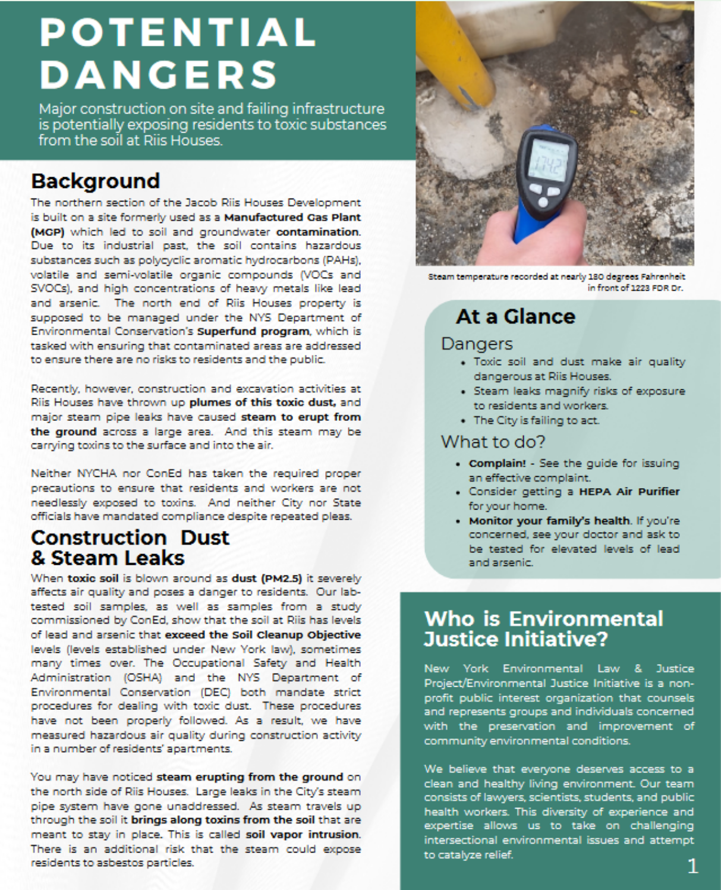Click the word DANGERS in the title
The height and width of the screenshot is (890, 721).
159,75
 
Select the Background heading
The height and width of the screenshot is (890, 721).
96,181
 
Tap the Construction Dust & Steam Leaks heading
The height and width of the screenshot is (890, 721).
130,548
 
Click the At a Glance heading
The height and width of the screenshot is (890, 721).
515,316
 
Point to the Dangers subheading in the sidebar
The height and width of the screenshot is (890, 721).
477,344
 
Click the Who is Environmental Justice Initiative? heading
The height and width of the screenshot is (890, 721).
543,628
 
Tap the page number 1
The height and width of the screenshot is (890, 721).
692,866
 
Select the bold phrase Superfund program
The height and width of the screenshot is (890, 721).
253,331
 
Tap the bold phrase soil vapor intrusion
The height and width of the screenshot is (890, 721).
303,834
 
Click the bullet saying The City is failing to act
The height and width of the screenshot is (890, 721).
536,420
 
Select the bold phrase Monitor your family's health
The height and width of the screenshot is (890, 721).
549,521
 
